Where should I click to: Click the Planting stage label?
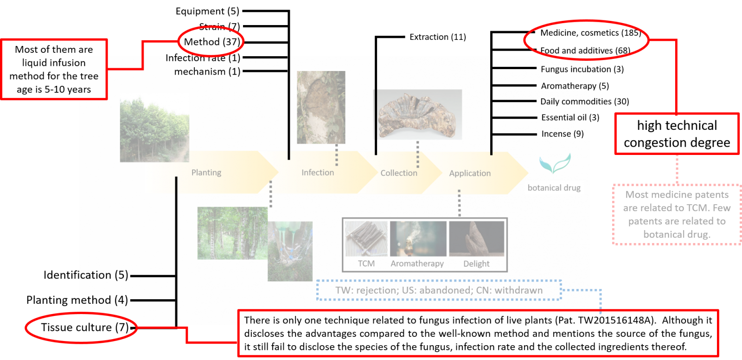tap(206, 173)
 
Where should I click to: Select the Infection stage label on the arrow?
tap(318, 173)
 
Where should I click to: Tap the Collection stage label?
tap(399, 173)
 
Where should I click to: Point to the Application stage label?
tap(470, 173)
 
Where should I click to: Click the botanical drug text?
tap(554, 188)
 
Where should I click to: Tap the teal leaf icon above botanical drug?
tap(555, 164)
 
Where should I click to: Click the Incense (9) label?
tap(563, 134)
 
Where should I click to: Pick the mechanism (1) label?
tap(207, 71)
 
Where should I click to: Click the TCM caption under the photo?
tap(366, 264)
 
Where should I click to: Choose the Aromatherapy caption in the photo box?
tap(417, 264)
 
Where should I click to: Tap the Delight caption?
tap(476, 264)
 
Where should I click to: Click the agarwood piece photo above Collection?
tap(418, 115)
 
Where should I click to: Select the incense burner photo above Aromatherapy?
tap(418, 238)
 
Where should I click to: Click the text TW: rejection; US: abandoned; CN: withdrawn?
tap(439, 290)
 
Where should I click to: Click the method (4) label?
tap(104, 300)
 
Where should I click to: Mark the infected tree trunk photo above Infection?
tap(321, 107)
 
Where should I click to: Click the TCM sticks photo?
tap(366, 238)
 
